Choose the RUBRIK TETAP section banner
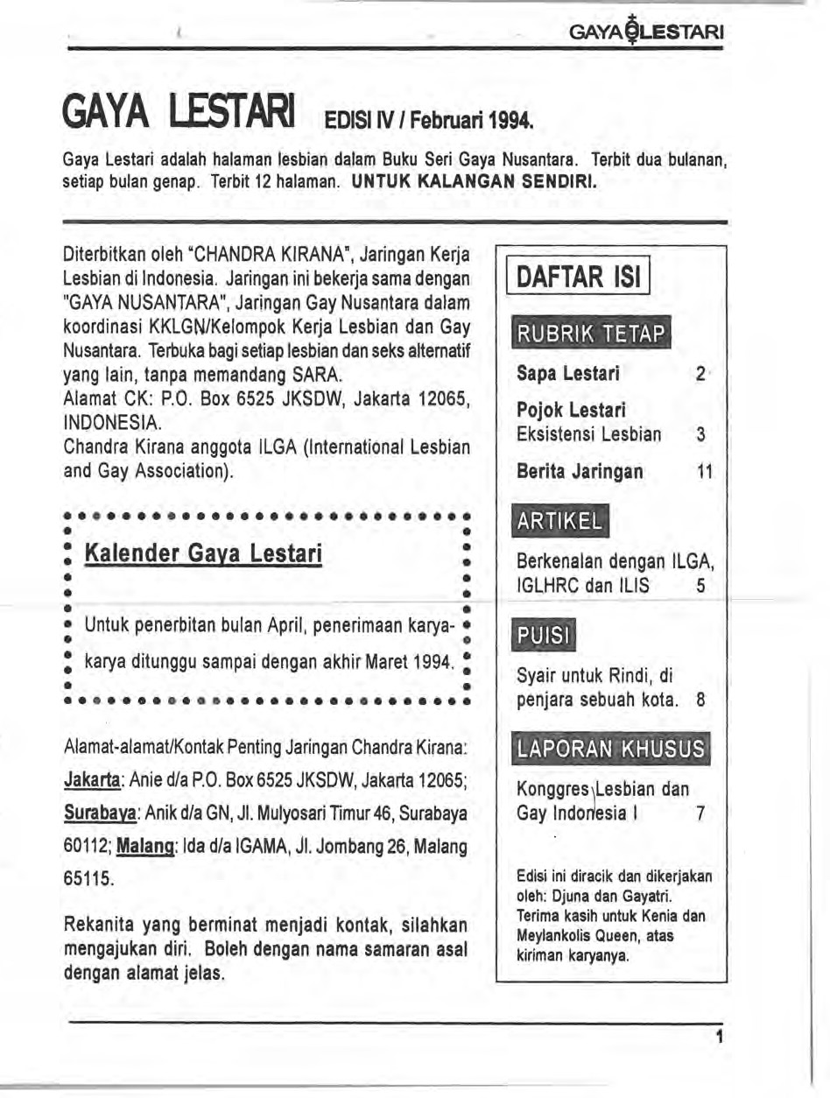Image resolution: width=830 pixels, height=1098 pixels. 592,334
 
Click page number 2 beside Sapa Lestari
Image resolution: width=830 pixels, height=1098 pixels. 700,375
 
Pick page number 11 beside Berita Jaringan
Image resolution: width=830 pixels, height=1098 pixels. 703,472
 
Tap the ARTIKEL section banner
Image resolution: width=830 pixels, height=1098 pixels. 559,523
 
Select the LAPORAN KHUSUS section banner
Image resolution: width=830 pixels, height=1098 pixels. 611,749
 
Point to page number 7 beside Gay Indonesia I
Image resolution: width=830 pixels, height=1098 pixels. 699,813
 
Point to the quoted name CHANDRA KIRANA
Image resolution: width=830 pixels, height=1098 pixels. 250,257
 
